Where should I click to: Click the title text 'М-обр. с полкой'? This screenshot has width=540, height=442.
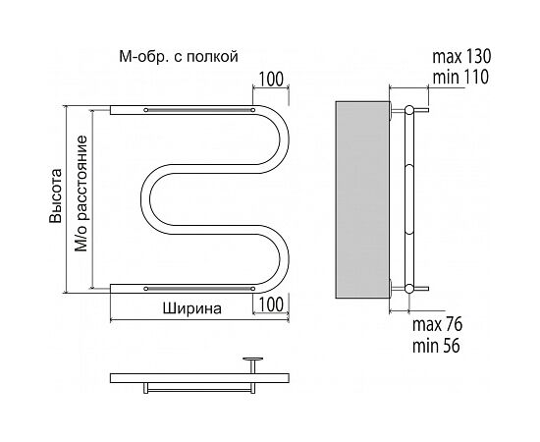(x=179, y=56)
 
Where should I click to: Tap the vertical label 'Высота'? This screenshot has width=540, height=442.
(x=55, y=195)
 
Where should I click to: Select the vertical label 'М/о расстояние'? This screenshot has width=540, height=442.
(x=81, y=193)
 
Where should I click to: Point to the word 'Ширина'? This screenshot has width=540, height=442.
(x=192, y=308)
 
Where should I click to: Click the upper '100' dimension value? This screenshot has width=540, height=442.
(x=271, y=80)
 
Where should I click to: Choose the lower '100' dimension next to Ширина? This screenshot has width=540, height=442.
(x=271, y=304)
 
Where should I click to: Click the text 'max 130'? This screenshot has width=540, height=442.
(x=461, y=57)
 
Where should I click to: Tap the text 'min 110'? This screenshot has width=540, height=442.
(x=460, y=78)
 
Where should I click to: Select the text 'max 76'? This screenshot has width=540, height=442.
(x=437, y=324)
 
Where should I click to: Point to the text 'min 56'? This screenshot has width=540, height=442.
(x=436, y=345)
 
